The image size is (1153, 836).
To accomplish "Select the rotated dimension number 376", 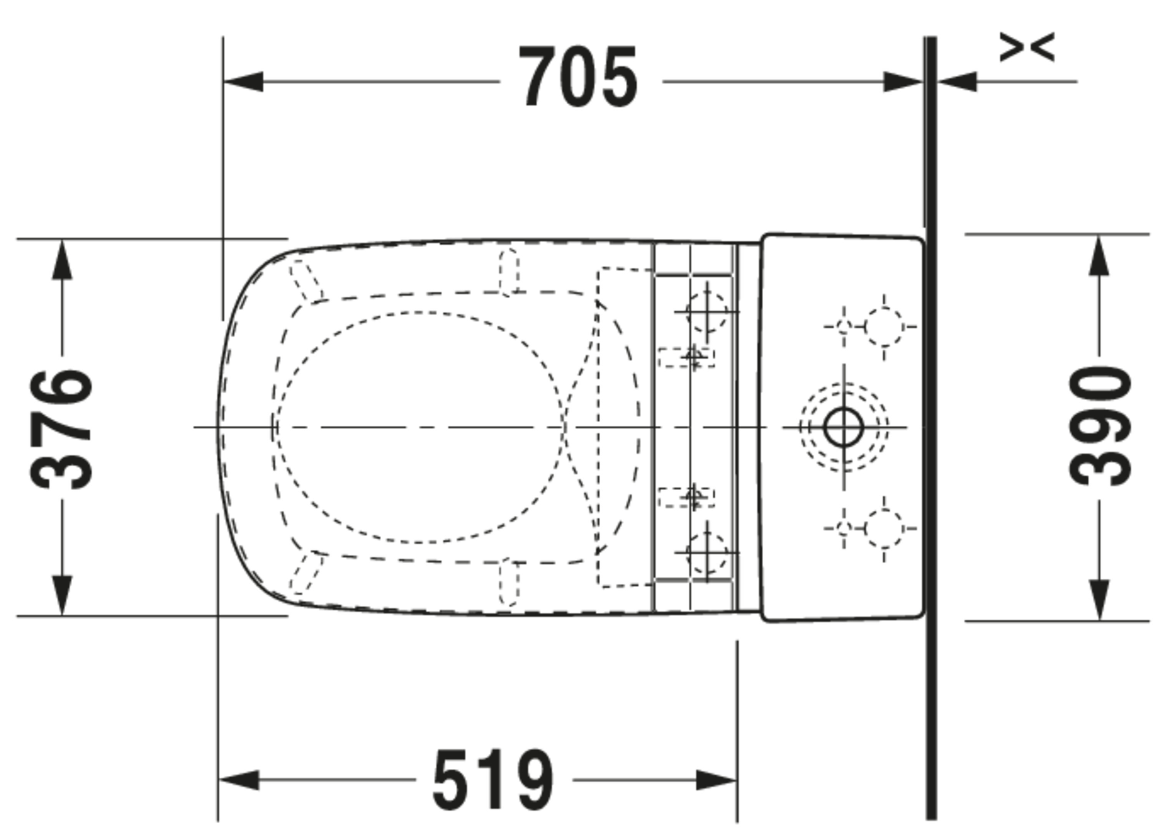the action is [x=61, y=430].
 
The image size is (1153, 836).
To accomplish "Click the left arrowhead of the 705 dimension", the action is [x=243, y=82].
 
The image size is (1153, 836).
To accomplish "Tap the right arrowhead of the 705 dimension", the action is [x=904, y=82].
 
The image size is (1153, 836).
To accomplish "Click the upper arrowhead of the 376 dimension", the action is [x=62, y=259].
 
